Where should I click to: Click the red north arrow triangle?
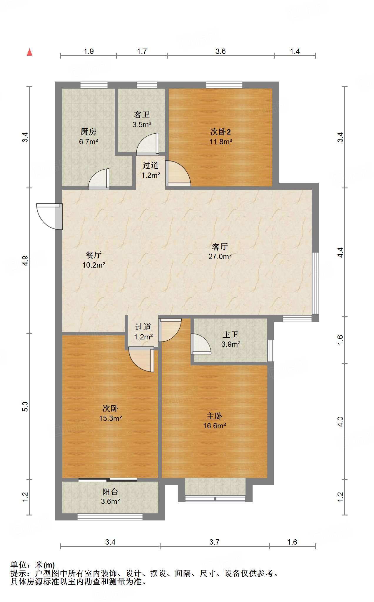coord(29,52)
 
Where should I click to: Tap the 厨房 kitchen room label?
coord(88,132)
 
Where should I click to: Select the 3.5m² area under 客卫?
coord(142,125)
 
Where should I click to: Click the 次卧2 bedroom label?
coord(221,132)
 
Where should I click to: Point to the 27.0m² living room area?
coord(220,256)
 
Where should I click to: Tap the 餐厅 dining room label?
coord(93,255)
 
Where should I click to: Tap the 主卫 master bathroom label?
coord(231,334)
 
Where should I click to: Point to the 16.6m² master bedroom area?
coord(214,426)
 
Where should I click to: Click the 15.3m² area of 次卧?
coord(110,418)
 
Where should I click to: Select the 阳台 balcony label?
coord(110,492)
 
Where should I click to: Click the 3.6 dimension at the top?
coord(220,51)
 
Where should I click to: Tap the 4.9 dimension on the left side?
coord(25,261)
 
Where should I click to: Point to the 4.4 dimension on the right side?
coord(340,253)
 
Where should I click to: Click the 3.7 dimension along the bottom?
coord(214,542)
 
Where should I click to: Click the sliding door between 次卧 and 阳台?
coord(108,480)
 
